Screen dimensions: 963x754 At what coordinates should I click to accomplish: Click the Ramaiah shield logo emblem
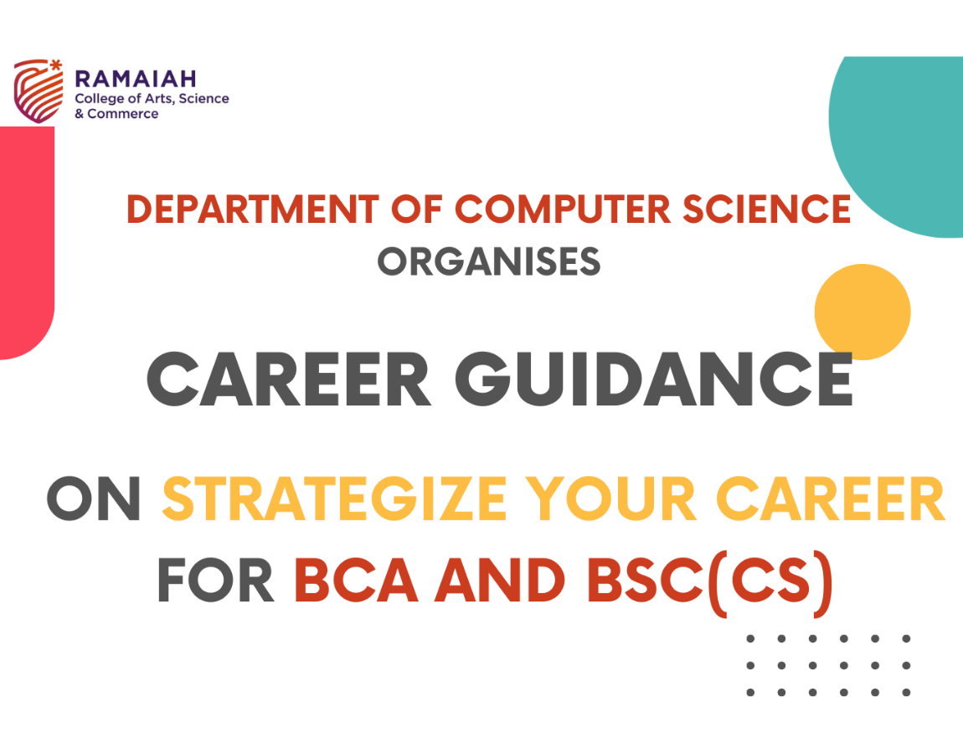pyautogui.click(x=38, y=91)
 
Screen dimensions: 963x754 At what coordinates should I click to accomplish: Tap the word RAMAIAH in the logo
pyautogui.click(x=136, y=79)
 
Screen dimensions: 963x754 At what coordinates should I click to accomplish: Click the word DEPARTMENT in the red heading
pyautogui.click(x=253, y=209)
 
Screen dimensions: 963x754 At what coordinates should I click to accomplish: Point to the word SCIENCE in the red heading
pyautogui.click(x=767, y=209)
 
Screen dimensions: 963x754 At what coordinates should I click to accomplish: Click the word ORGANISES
pyautogui.click(x=489, y=262)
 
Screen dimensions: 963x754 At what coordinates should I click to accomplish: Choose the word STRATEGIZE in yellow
pyautogui.click(x=334, y=498)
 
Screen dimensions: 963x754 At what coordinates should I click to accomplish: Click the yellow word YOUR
pyautogui.click(x=611, y=498)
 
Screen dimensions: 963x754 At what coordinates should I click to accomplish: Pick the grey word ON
pyautogui.click(x=94, y=498)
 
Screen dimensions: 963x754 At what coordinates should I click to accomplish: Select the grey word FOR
pyautogui.click(x=215, y=581)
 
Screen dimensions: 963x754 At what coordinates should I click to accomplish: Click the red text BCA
pyautogui.click(x=356, y=581)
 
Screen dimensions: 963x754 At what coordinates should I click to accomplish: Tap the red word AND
pyautogui.click(x=500, y=581)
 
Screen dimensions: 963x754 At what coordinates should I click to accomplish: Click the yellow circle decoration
pyautogui.click(x=863, y=312)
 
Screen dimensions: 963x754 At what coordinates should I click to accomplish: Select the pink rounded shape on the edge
pyautogui.click(x=26, y=243)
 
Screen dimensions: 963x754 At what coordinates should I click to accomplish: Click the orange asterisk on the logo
pyautogui.click(x=56, y=65)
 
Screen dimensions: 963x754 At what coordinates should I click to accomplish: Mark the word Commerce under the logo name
pyautogui.click(x=123, y=114)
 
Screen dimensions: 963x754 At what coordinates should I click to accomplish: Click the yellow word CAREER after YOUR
pyautogui.click(x=831, y=498)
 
